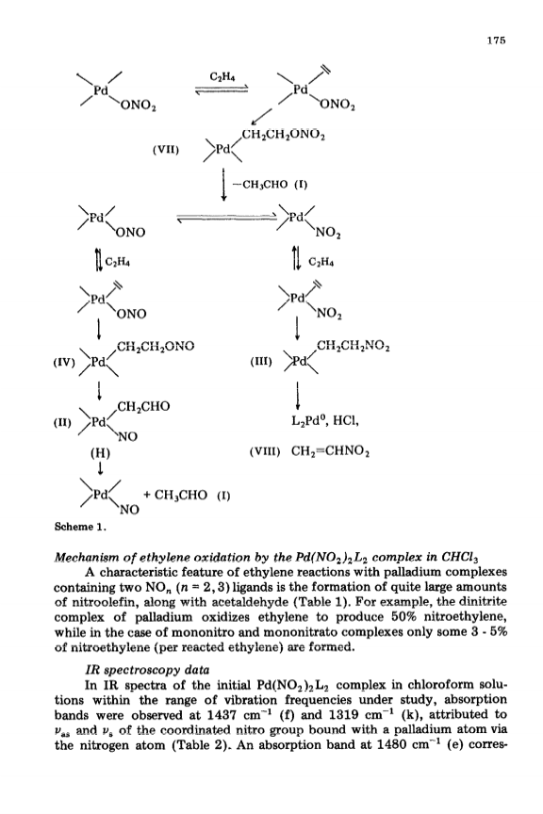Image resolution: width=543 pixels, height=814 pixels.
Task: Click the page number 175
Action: (496, 41)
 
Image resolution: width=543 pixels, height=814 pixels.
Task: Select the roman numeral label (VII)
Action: (166, 150)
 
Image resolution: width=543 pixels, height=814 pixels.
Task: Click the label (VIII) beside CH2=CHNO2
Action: (265, 451)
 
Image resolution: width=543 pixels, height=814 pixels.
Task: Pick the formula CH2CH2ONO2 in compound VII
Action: (283, 136)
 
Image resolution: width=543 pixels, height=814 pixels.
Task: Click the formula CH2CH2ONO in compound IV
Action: (156, 346)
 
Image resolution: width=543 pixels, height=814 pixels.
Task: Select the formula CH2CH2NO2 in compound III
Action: (353, 346)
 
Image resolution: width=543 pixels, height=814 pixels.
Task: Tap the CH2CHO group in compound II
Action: (143, 406)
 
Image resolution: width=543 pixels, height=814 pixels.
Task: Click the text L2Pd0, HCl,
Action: (325, 421)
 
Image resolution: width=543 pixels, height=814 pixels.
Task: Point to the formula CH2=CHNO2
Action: (331, 451)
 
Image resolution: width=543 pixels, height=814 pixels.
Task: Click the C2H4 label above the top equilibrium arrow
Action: (222, 76)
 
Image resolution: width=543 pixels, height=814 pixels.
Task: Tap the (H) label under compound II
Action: (100, 452)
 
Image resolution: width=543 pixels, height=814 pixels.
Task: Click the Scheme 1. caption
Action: (80, 527)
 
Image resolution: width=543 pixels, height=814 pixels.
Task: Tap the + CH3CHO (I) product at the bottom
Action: (187, 495)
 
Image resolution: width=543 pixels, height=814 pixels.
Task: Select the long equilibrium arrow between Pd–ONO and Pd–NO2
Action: (227, 219)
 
